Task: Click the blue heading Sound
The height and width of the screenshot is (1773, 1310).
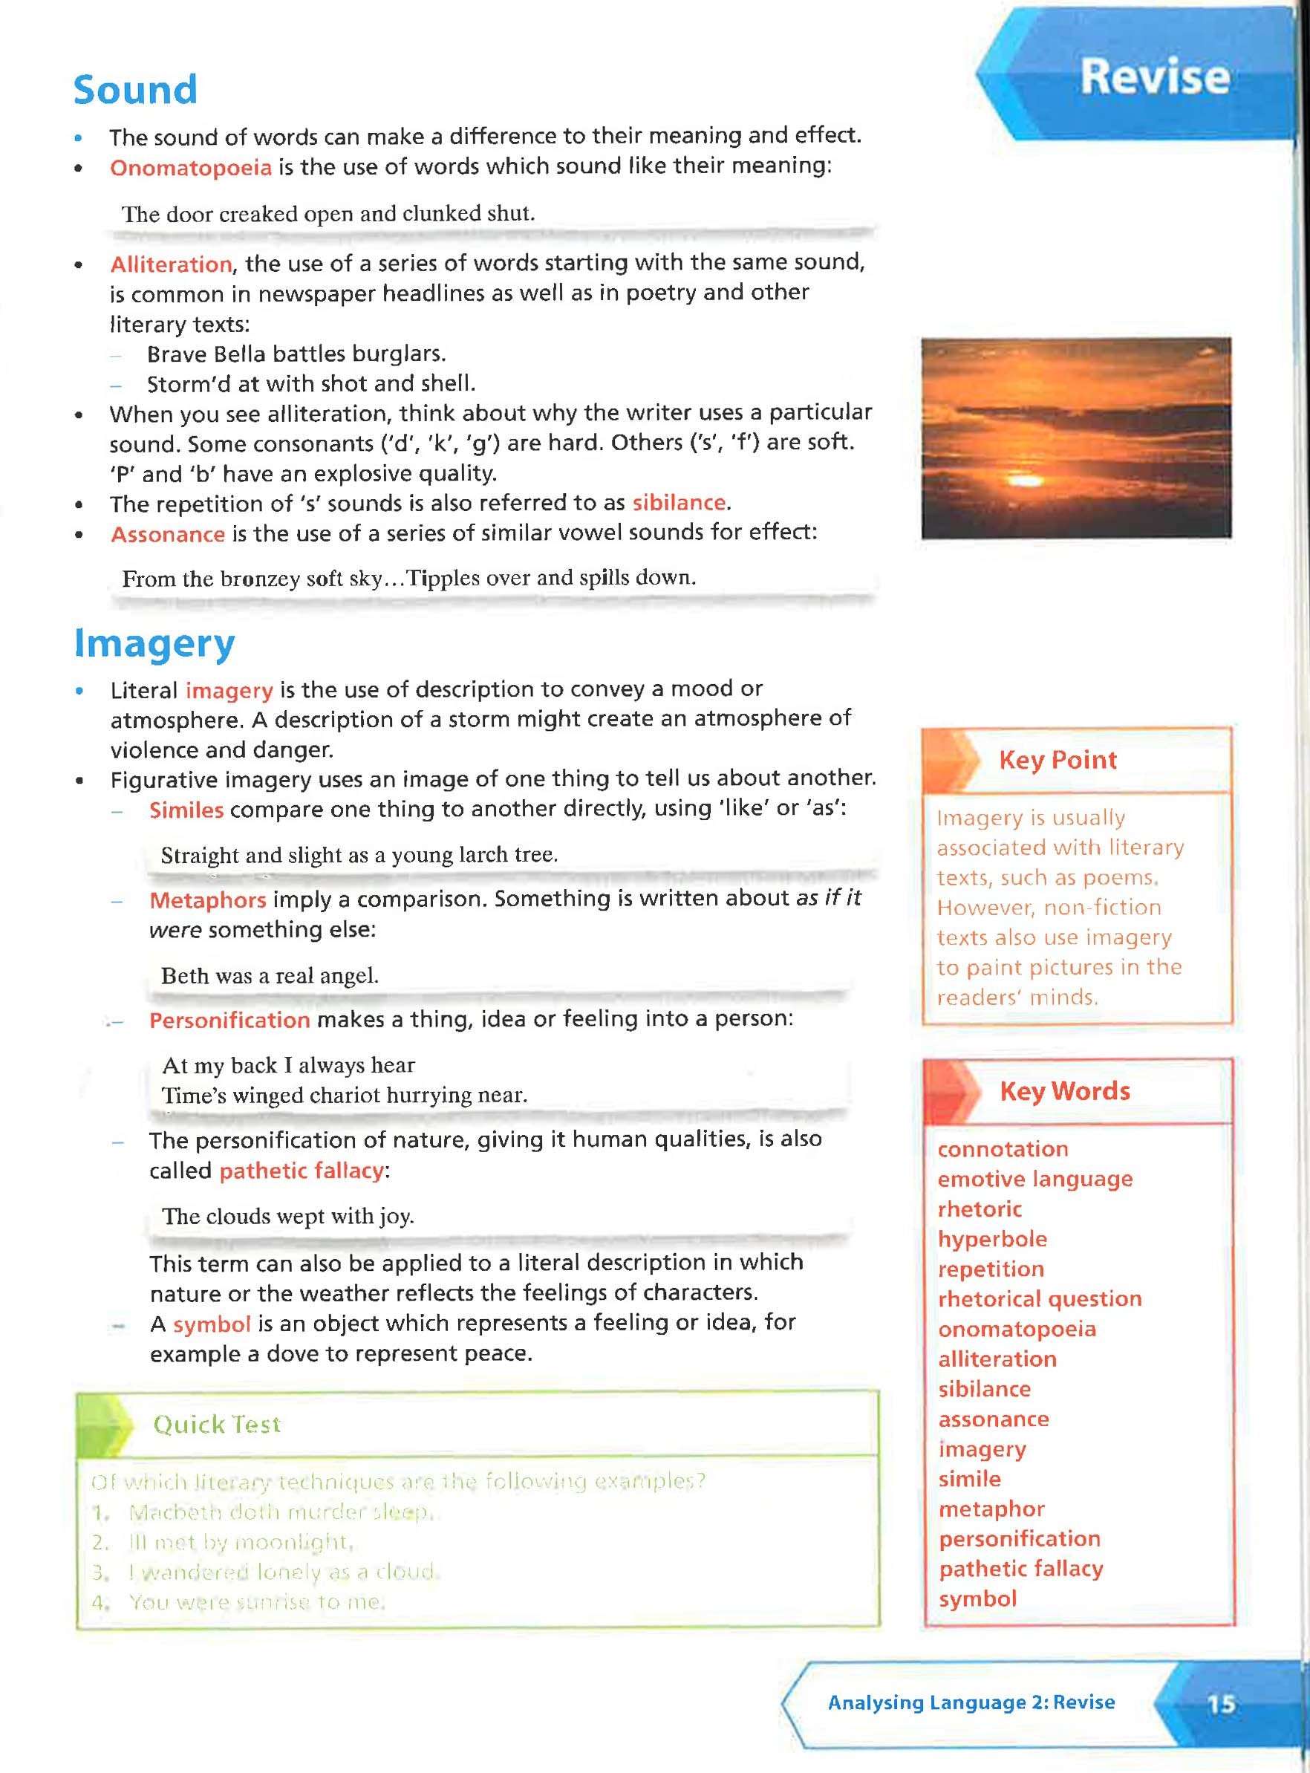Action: (x=135, y=90)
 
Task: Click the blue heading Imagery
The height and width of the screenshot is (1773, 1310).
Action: (x=154, y=643)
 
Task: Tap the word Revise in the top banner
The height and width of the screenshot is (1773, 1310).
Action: (x=1154, y=77)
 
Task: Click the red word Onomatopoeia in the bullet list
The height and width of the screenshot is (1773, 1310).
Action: (x=190, y=168)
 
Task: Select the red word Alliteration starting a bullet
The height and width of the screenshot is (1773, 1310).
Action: (x=171, y=264)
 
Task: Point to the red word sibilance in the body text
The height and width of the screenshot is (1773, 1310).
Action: (x=679, y=503)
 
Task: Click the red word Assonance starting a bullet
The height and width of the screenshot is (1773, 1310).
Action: (x=167, y=535)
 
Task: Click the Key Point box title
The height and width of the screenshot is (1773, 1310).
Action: (x=1057, y=760)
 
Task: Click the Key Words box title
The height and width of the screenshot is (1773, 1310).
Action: (x=1064, y=1091)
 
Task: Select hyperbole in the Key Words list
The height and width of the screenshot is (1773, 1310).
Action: (x=992, y=1238)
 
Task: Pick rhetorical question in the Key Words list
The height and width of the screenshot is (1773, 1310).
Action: (x=1040, y=1299)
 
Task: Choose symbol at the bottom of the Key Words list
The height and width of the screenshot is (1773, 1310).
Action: (x=977, y=1598)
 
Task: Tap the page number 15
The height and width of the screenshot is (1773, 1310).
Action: (x=1220, y=1704)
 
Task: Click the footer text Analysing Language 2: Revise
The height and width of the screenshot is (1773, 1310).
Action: (x=971, y=1702)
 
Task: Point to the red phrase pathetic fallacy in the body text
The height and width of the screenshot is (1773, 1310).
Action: (x=302, y=1171)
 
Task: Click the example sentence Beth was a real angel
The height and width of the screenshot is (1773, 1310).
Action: (x=270, y=975)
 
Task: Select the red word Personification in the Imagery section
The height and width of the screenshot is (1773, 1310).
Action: (x=229, y=1020)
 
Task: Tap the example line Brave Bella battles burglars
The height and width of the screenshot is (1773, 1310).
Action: (x=296, y=354)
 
